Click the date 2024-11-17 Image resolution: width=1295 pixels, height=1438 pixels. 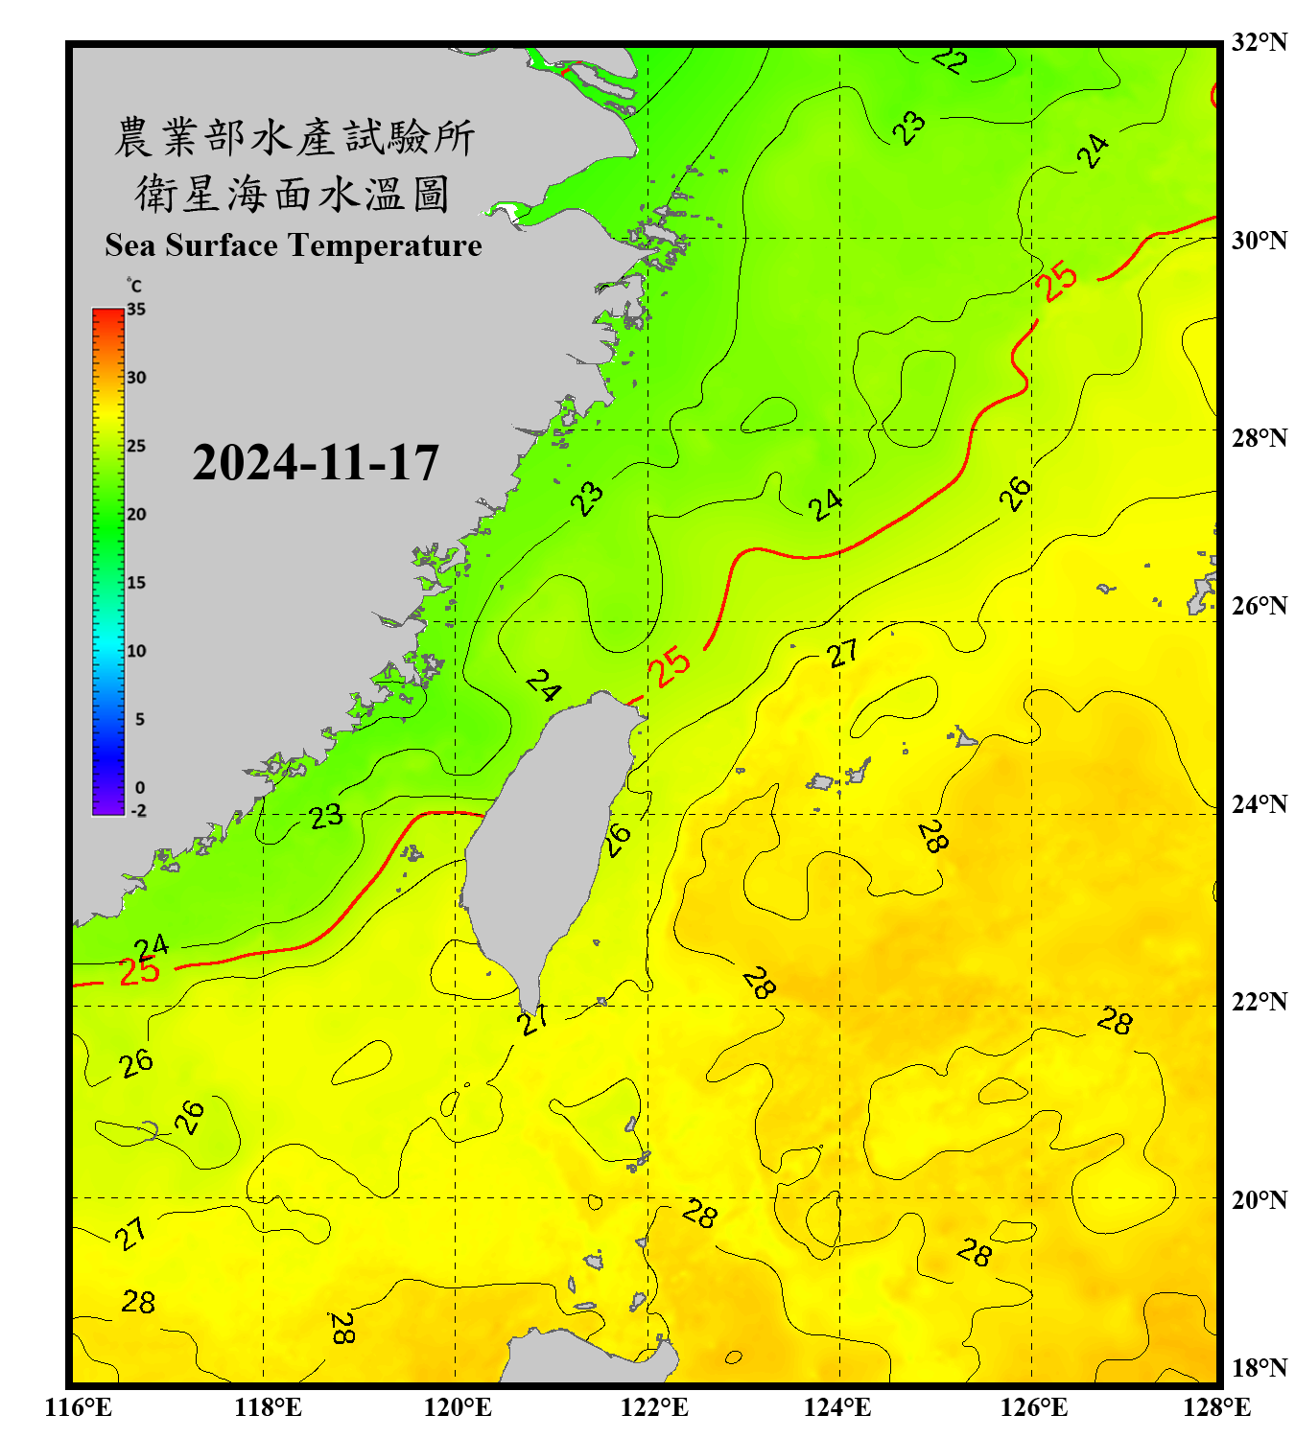click(x=316, y=463)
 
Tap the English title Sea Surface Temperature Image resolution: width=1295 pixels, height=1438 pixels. click(x=294, y=245)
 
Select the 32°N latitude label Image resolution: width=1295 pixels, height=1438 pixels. click(x=1259, y=42)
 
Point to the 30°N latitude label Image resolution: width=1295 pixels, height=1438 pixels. click(x=1259, y=240)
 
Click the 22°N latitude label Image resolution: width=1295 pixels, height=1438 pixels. click(x=1259, y=1002)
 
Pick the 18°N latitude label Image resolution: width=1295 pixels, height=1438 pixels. click(x=1259, y=1367)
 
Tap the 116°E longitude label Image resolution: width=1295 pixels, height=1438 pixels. click(x=79, y=1407)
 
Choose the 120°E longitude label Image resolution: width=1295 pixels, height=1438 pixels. click(x=458, y=1407)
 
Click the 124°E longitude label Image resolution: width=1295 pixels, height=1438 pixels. click(x=837, y=1407)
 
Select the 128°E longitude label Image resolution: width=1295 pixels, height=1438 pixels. click(x=1216, y=1407)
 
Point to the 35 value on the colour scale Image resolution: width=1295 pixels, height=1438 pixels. click(x=136, y=309)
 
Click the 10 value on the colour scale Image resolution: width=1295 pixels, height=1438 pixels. click(x=136, y=651)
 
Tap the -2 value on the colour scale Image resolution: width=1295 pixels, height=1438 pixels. click(x=138, y=810)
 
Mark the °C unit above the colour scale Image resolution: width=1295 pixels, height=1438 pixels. click(x=134, y=286)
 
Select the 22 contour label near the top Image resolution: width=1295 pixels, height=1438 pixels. click(x=950, y=60)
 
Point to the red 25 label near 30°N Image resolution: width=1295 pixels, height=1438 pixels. click(x=1056, y=282)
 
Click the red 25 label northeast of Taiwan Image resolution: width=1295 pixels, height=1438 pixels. click(x=669, y=665)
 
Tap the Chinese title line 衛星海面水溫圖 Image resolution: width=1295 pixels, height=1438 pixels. click(x=293, y=194)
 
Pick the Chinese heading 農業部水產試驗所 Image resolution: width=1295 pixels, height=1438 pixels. click(x=294, y=138)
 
